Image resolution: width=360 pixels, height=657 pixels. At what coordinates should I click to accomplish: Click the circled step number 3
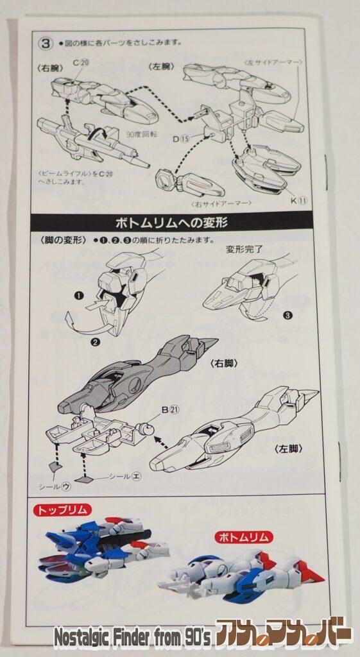(46, 44)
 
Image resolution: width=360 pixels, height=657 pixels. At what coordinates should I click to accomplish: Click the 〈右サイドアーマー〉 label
(220, 203)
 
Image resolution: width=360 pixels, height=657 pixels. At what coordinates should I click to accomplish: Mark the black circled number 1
(79, 296)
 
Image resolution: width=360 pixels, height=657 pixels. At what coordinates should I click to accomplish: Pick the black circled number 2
(96, 342)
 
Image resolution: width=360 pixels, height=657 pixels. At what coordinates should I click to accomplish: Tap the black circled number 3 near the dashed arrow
(287, 315)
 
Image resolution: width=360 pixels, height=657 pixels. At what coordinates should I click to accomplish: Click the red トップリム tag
(62, 510)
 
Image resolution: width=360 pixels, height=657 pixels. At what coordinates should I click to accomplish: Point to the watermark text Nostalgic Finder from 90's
(132, 638)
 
